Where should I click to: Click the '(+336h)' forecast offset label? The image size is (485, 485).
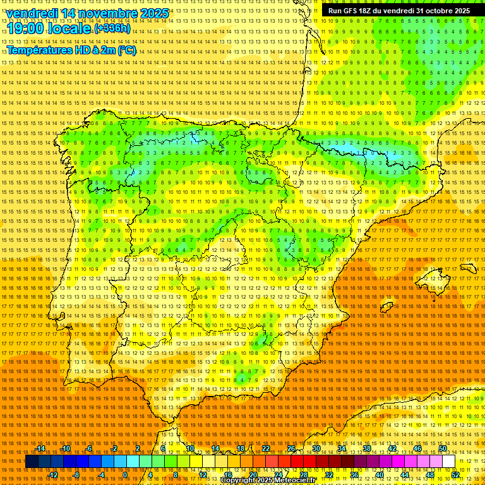(x=112, y=28)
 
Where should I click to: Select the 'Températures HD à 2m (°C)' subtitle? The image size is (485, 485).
(x=71, y=51)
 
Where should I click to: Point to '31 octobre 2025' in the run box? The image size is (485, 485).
(x=442, y=11)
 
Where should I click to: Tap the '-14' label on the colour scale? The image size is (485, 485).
(x=40, y=448)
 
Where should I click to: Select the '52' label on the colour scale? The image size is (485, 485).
(x=455, y=474)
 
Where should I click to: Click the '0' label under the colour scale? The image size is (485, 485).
(x=126, y=474)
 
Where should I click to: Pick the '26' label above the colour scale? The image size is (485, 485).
(x=291, y=448)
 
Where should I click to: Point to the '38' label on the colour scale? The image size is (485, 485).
(x=367, y=448)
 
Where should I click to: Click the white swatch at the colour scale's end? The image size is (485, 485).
(x=448, y=462)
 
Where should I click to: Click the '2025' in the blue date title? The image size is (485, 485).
(x=154, y=13)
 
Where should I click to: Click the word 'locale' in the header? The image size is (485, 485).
(x=69, y=28)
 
